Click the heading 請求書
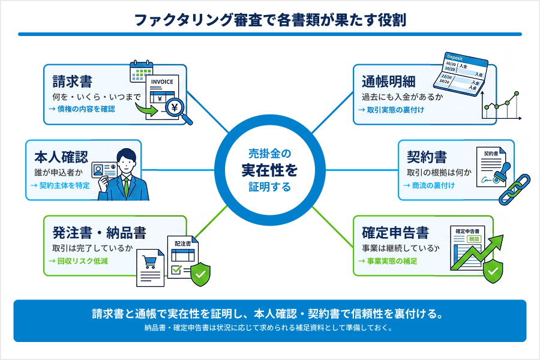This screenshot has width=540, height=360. pyautogui.click(x=72, y=81)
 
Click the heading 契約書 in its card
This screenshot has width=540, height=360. pyautogui.click(x=427, y=157)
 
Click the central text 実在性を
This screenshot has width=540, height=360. pyautogui.click(x=269, y=170)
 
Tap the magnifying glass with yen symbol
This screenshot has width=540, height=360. pyautogui.click(x=178, y=110)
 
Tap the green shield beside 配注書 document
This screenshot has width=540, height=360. pyautogui.click(x=199, y=275)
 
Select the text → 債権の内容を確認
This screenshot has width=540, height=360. pyautogui.click(x=82, y=109)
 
